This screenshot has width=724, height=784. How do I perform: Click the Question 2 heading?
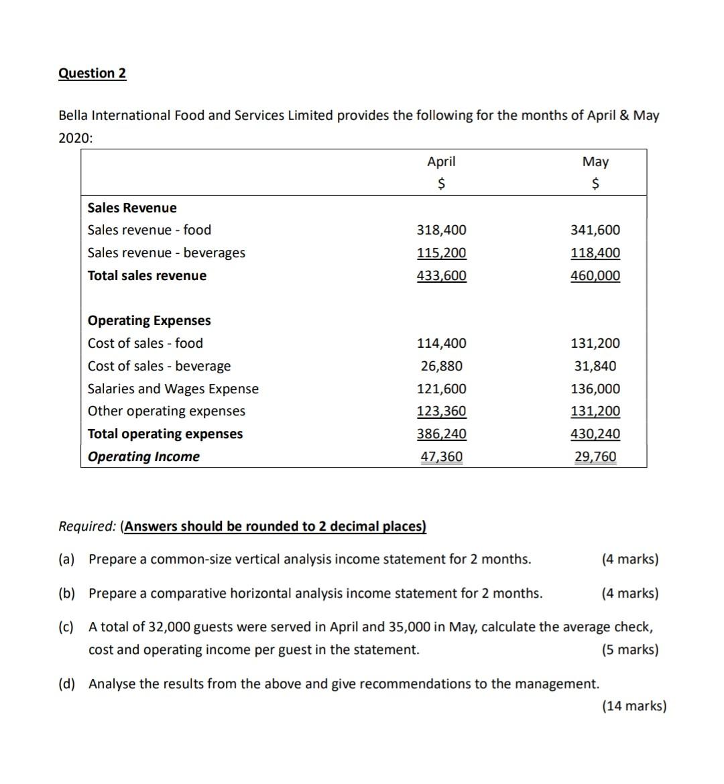tap(92, 73)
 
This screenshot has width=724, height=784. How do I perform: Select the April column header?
tap(441, 161)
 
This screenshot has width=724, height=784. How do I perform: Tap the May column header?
tap(595, 161)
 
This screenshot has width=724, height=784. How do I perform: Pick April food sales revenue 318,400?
tap(441, 230)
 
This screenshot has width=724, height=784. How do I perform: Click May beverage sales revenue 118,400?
tap(595, 253)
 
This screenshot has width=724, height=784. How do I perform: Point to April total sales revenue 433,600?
tap(441, 275)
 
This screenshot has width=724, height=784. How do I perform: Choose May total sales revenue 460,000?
tap(595, 275)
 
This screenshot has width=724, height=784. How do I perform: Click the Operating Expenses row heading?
tap(149, 320)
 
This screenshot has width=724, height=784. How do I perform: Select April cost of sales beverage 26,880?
tap(441, 366)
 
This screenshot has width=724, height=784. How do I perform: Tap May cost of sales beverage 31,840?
tap(595, 366)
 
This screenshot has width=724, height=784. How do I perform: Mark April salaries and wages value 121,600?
tap(441, 389)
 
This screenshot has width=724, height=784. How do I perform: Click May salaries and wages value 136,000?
tap(595, 389)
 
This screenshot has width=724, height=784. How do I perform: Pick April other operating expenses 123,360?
tap(441, 411)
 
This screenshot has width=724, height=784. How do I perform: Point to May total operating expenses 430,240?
tap(595, 434)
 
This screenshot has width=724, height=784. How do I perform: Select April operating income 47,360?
tap(441, 456)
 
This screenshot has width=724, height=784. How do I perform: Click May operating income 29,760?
tap(595, 456)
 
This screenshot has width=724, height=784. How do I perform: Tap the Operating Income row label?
tap(143, 456)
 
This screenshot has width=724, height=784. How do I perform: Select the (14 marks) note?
tap(634, 706)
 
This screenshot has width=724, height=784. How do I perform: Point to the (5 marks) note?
tap(630, 649)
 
